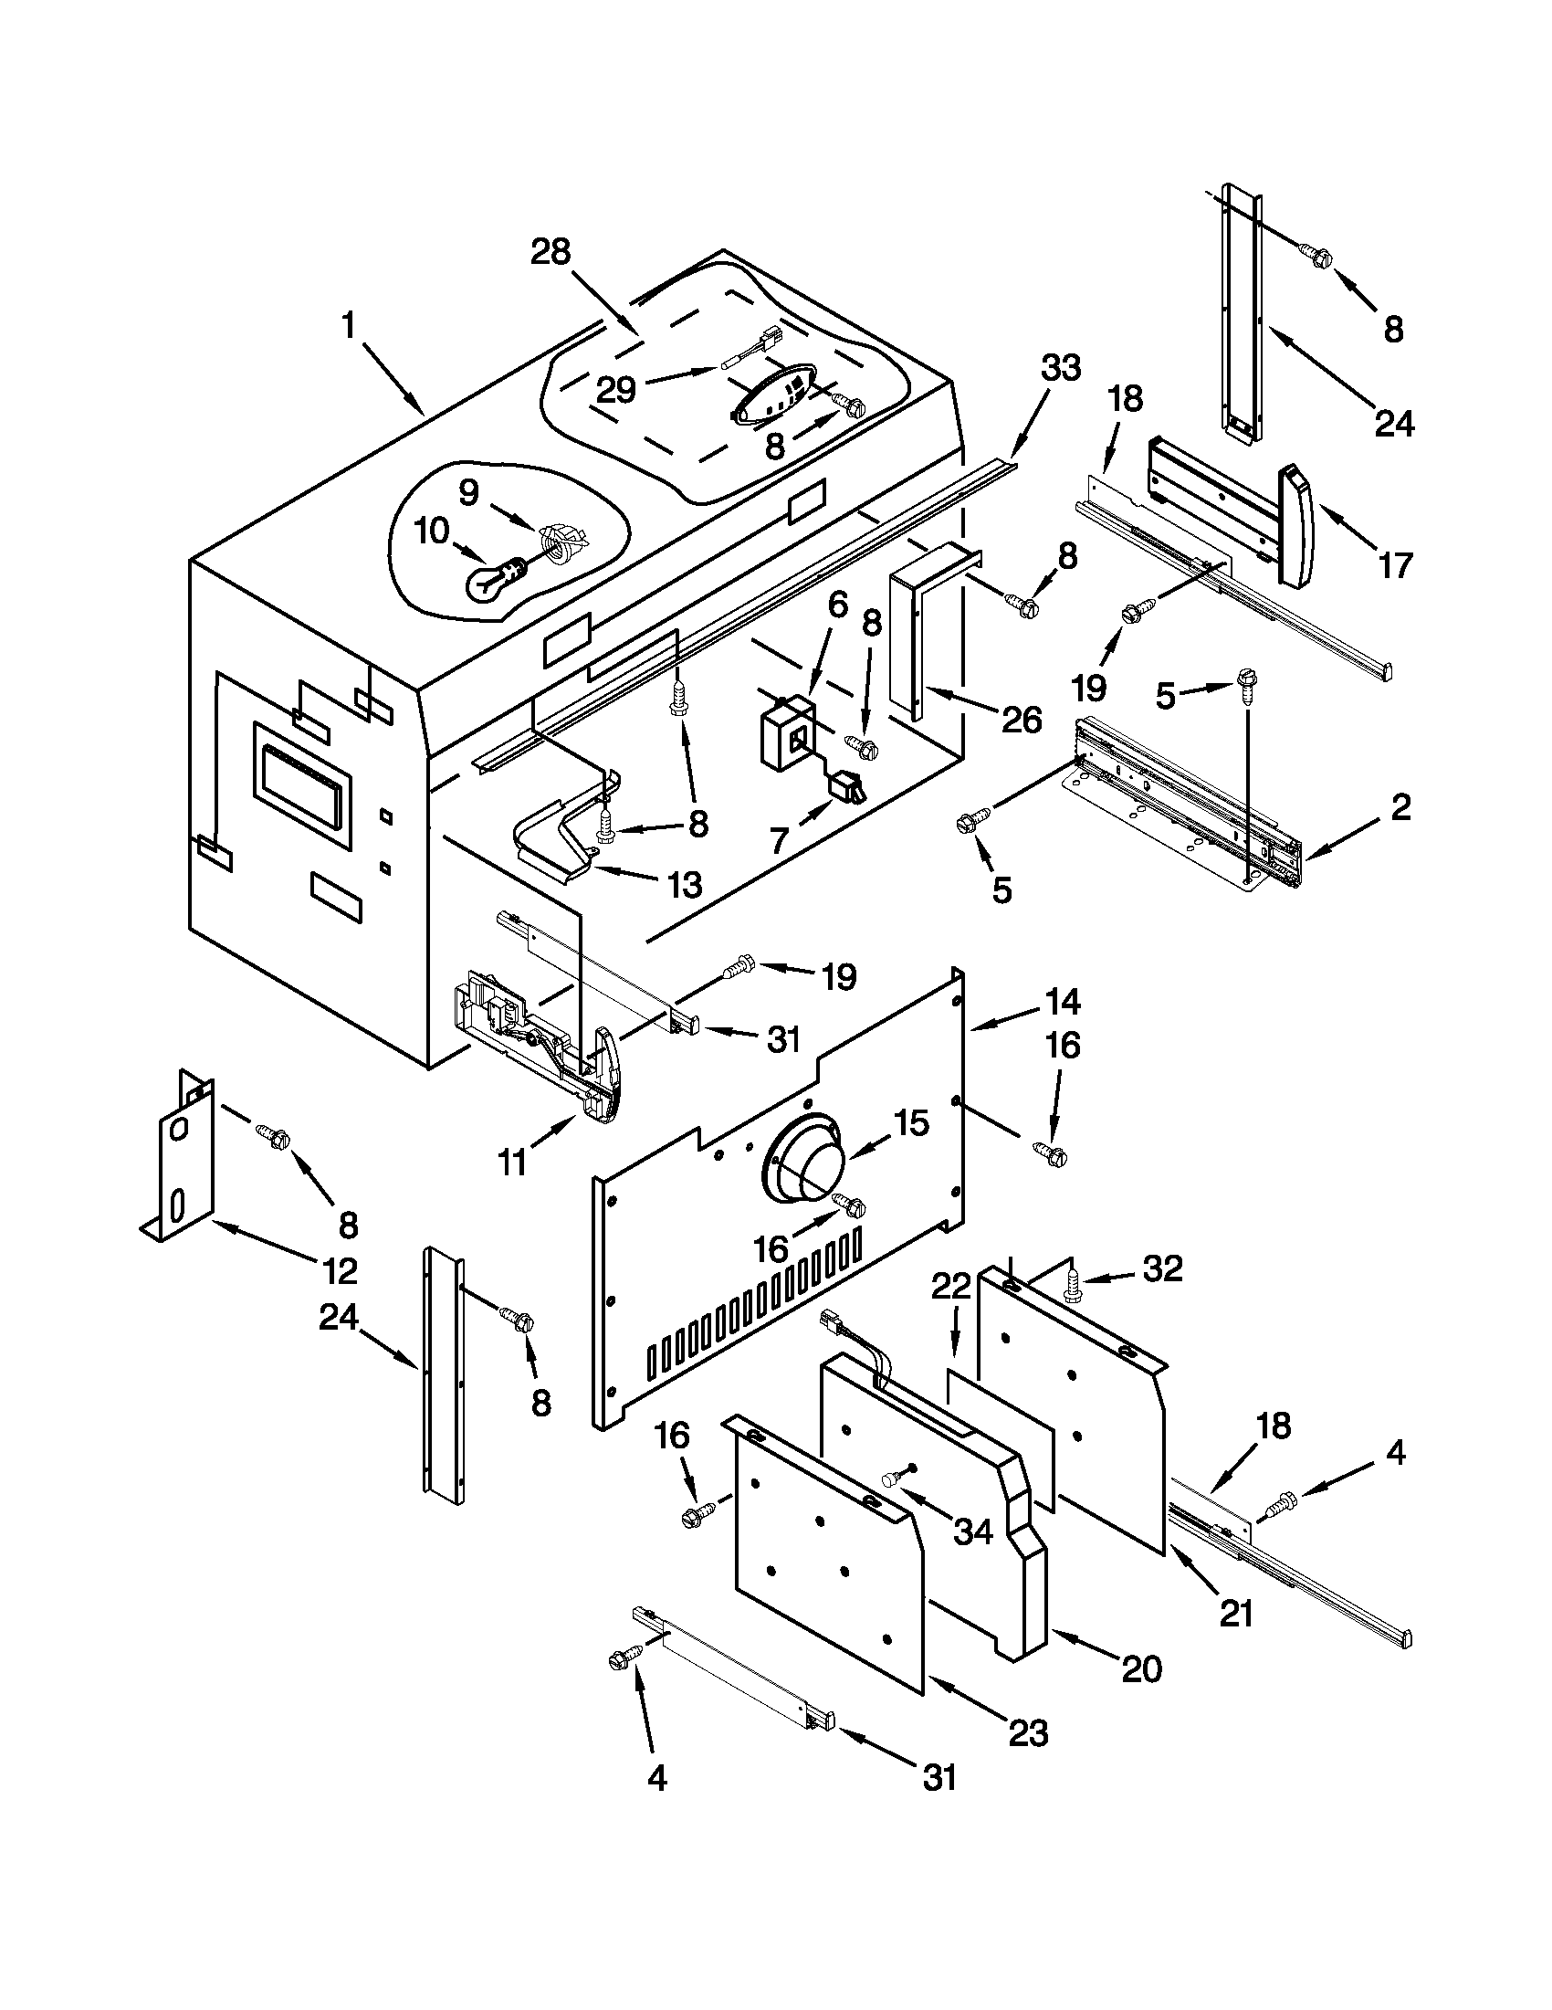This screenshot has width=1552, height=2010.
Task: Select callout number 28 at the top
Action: tap(551, 251)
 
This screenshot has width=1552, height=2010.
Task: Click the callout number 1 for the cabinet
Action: tap(349, 325)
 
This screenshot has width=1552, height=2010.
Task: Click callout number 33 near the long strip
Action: tap(1035, 369)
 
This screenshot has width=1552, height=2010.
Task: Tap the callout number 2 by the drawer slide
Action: tap(1400, 807)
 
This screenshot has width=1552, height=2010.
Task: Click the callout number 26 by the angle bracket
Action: tap(1022, 719)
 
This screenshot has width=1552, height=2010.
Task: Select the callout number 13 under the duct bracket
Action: tap(684, 884)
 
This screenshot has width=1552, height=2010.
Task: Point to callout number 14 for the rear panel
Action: tap(1061, 1001)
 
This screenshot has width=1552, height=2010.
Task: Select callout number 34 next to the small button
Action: tap(973, 1531)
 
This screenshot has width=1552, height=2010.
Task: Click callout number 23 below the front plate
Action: tap(1028, 1733)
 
